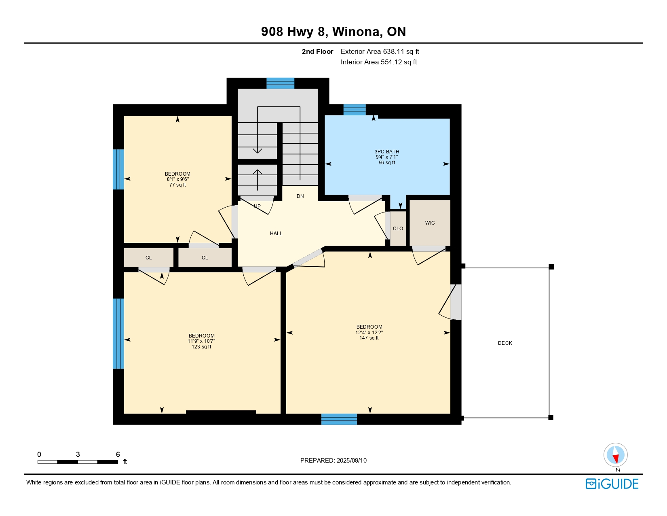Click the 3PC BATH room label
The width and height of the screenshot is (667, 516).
(387, 151)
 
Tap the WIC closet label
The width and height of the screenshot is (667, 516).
(430, 223)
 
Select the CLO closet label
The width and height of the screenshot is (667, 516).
(398, 229)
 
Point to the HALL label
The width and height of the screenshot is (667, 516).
(276, 234)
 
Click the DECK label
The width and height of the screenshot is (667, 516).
(505, 343)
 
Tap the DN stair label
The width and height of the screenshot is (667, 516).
(300, 196)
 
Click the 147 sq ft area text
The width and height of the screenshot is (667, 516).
(369, 338)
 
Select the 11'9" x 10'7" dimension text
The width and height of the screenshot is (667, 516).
(201, 341)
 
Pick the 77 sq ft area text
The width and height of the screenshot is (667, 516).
(177, 185)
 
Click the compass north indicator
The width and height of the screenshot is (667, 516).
(615, 455)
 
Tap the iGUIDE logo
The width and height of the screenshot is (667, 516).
(612, 484)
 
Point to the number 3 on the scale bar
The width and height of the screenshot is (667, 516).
(78, 454)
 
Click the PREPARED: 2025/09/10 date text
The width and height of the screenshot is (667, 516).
(333, 461)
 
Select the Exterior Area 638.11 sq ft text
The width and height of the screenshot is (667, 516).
(380, 52)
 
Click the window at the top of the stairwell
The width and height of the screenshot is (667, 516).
(280, 83)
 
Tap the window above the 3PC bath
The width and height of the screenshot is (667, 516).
(355, 110)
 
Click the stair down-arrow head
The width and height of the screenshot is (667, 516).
(257, 151)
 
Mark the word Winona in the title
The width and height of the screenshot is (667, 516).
(358, 32)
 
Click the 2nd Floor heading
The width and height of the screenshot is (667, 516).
(317, 52)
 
